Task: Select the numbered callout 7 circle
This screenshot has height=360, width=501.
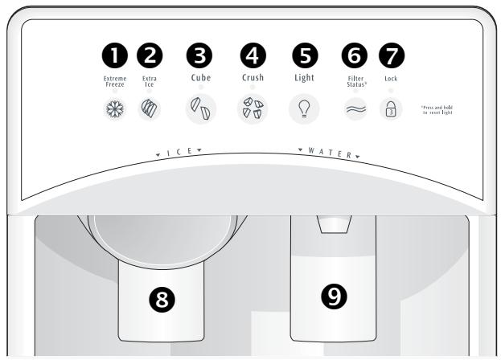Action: coord(391,55)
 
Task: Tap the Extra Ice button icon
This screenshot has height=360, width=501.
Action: coord(150,108)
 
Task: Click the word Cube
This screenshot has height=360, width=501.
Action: coord(200,79)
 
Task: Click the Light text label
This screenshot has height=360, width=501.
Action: coord(304,79)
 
